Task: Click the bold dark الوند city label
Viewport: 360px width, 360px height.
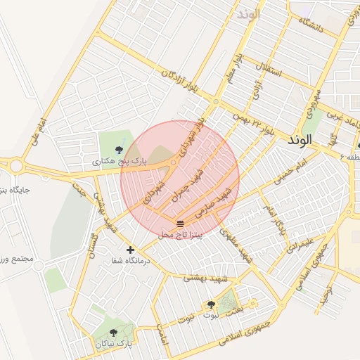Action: pyautogui.click(x=300, y=141)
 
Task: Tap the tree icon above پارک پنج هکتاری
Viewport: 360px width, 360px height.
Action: pyautogui.click(x=119, y=149)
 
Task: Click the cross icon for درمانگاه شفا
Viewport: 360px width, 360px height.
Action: pyautogui.click(x=130, y=249)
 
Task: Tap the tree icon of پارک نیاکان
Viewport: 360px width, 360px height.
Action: pyautogui.click(x=113, y=333)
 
